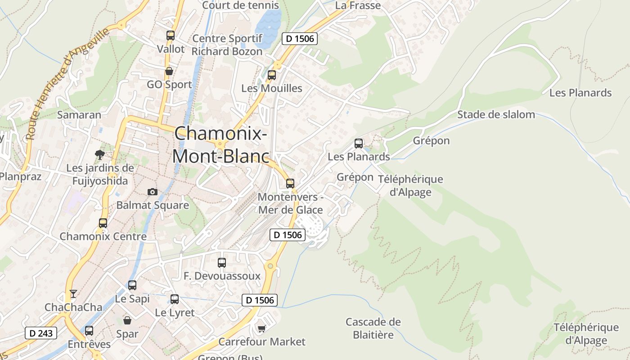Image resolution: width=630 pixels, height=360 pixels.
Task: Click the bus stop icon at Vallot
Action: coord(170,35)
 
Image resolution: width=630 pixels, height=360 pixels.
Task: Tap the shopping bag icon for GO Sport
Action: coord(169,71)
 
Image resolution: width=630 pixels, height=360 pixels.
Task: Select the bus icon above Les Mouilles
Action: coord(271,75)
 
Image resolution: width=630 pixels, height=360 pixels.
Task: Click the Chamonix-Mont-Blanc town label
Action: coord(220,144)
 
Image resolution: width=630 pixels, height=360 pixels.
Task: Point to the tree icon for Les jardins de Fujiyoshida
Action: coord(100,155)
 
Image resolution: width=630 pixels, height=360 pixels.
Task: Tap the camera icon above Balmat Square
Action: coord(153,192)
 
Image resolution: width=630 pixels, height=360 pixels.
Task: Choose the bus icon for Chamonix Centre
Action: coord(103,223)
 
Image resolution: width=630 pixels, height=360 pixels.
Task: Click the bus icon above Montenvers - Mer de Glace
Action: coord(290,183)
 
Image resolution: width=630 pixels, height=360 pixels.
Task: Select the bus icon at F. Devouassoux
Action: coord(222,262)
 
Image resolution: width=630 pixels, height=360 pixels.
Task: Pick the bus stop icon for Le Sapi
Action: coord(132,285)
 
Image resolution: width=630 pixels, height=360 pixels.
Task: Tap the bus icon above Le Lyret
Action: coord(175,299)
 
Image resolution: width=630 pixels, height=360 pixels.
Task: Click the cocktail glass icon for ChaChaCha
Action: coord(73,294)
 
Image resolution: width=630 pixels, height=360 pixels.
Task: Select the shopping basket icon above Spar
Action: coord(127,320)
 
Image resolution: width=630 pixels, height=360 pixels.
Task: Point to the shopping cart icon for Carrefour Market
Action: coord(262,328)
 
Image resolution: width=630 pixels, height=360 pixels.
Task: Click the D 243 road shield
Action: coord(41,333)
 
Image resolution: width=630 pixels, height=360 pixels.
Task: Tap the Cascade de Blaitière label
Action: coord(373,328)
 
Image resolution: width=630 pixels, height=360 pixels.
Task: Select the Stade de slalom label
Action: coord(496,114)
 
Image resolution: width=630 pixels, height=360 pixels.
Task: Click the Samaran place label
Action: coord(79,114)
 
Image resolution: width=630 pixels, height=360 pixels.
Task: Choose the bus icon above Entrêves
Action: coord(89,331)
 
